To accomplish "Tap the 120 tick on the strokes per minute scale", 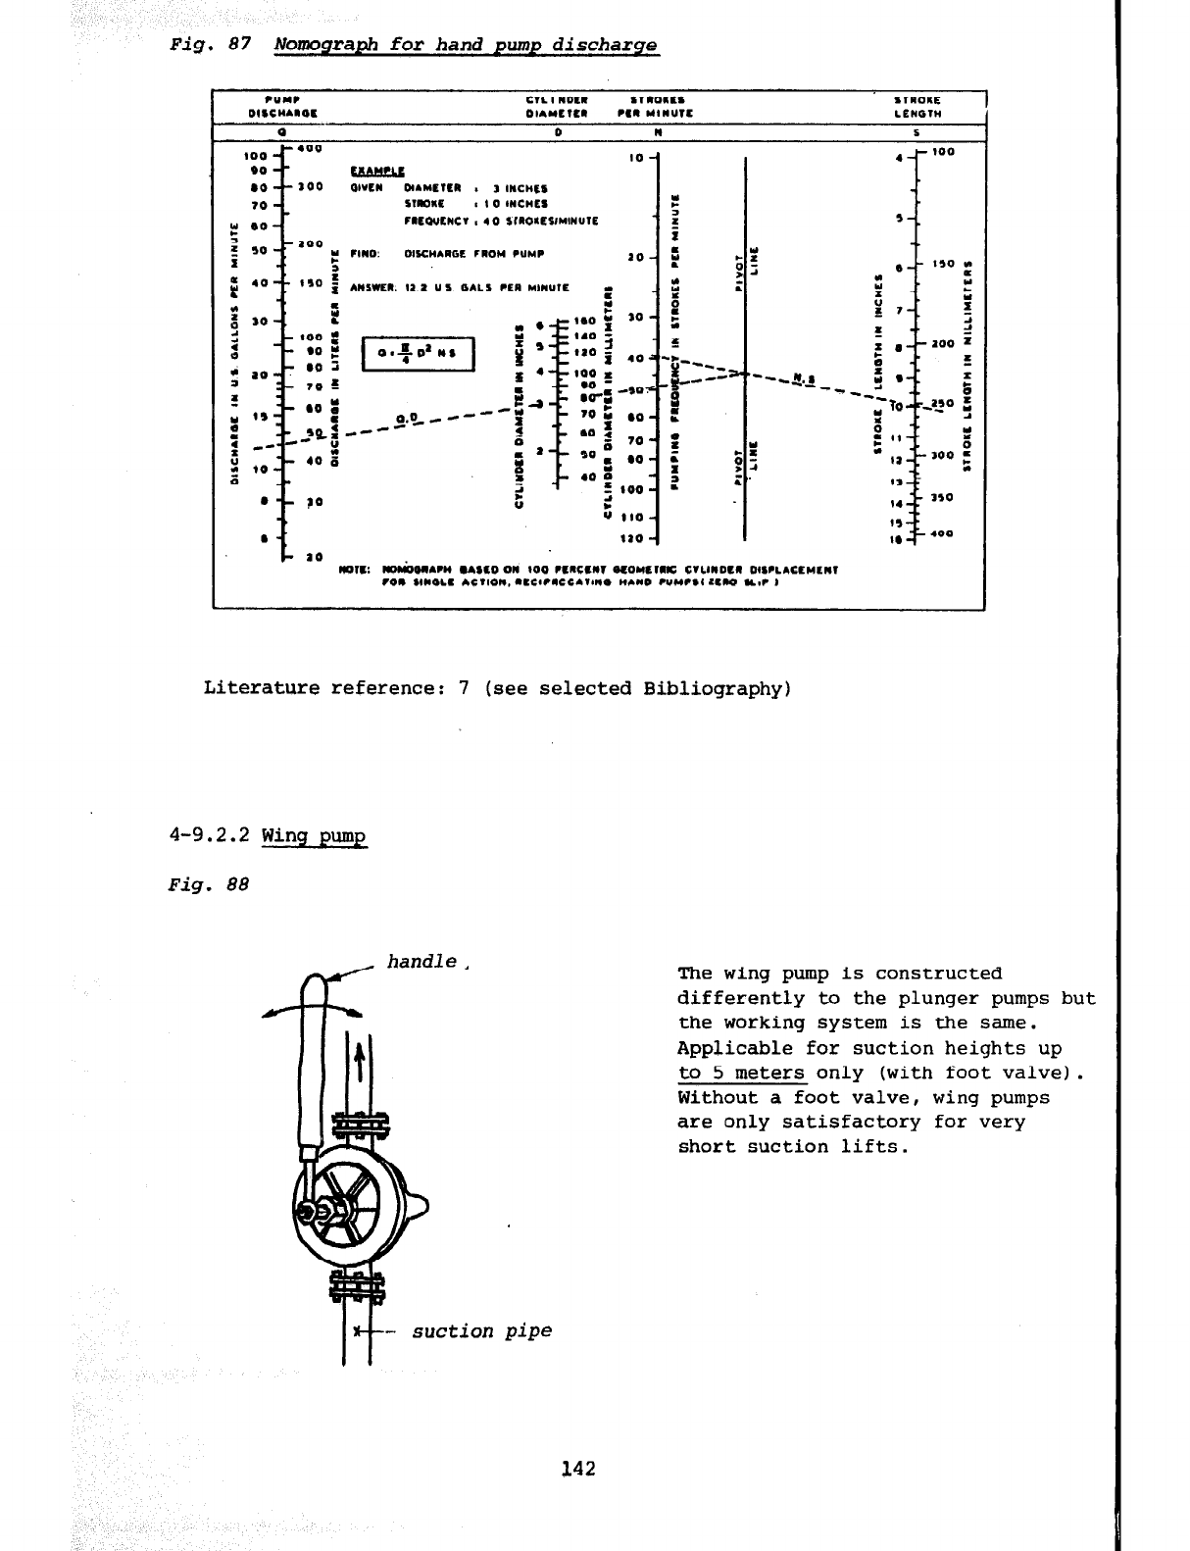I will (x=633, y=538).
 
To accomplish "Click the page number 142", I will (x=578, y=1468).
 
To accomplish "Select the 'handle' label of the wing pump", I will (x=422, y=962).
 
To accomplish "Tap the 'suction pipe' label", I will (x=481, y=1330).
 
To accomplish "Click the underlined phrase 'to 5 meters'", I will (x=741, y=1073).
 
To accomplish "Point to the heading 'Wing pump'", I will (x=314, y=836).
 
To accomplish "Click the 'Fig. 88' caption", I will (x=209, y=883).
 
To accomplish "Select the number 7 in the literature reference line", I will (x=464, y=688).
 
